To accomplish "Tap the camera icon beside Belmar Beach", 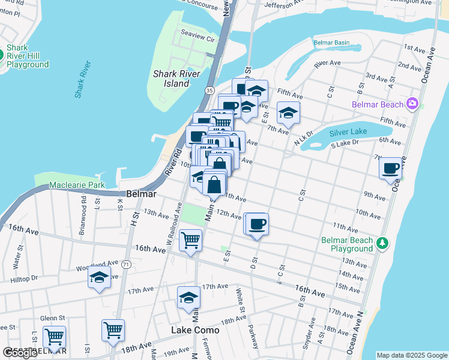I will click(412, 104).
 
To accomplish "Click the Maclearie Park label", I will click(78, 185).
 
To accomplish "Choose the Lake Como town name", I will click(195, 330).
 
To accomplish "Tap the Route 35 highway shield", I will click(209, 90).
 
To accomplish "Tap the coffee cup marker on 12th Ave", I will click(257, 224).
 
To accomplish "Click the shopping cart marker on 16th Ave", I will click(190, 241).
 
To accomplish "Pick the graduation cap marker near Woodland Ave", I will click(99, 278).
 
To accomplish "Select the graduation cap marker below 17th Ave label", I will click(188, 298).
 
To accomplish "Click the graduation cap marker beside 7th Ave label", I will click(288, 113).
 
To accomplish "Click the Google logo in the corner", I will click(20, 353).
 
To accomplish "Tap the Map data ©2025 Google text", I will click(412, 355).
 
